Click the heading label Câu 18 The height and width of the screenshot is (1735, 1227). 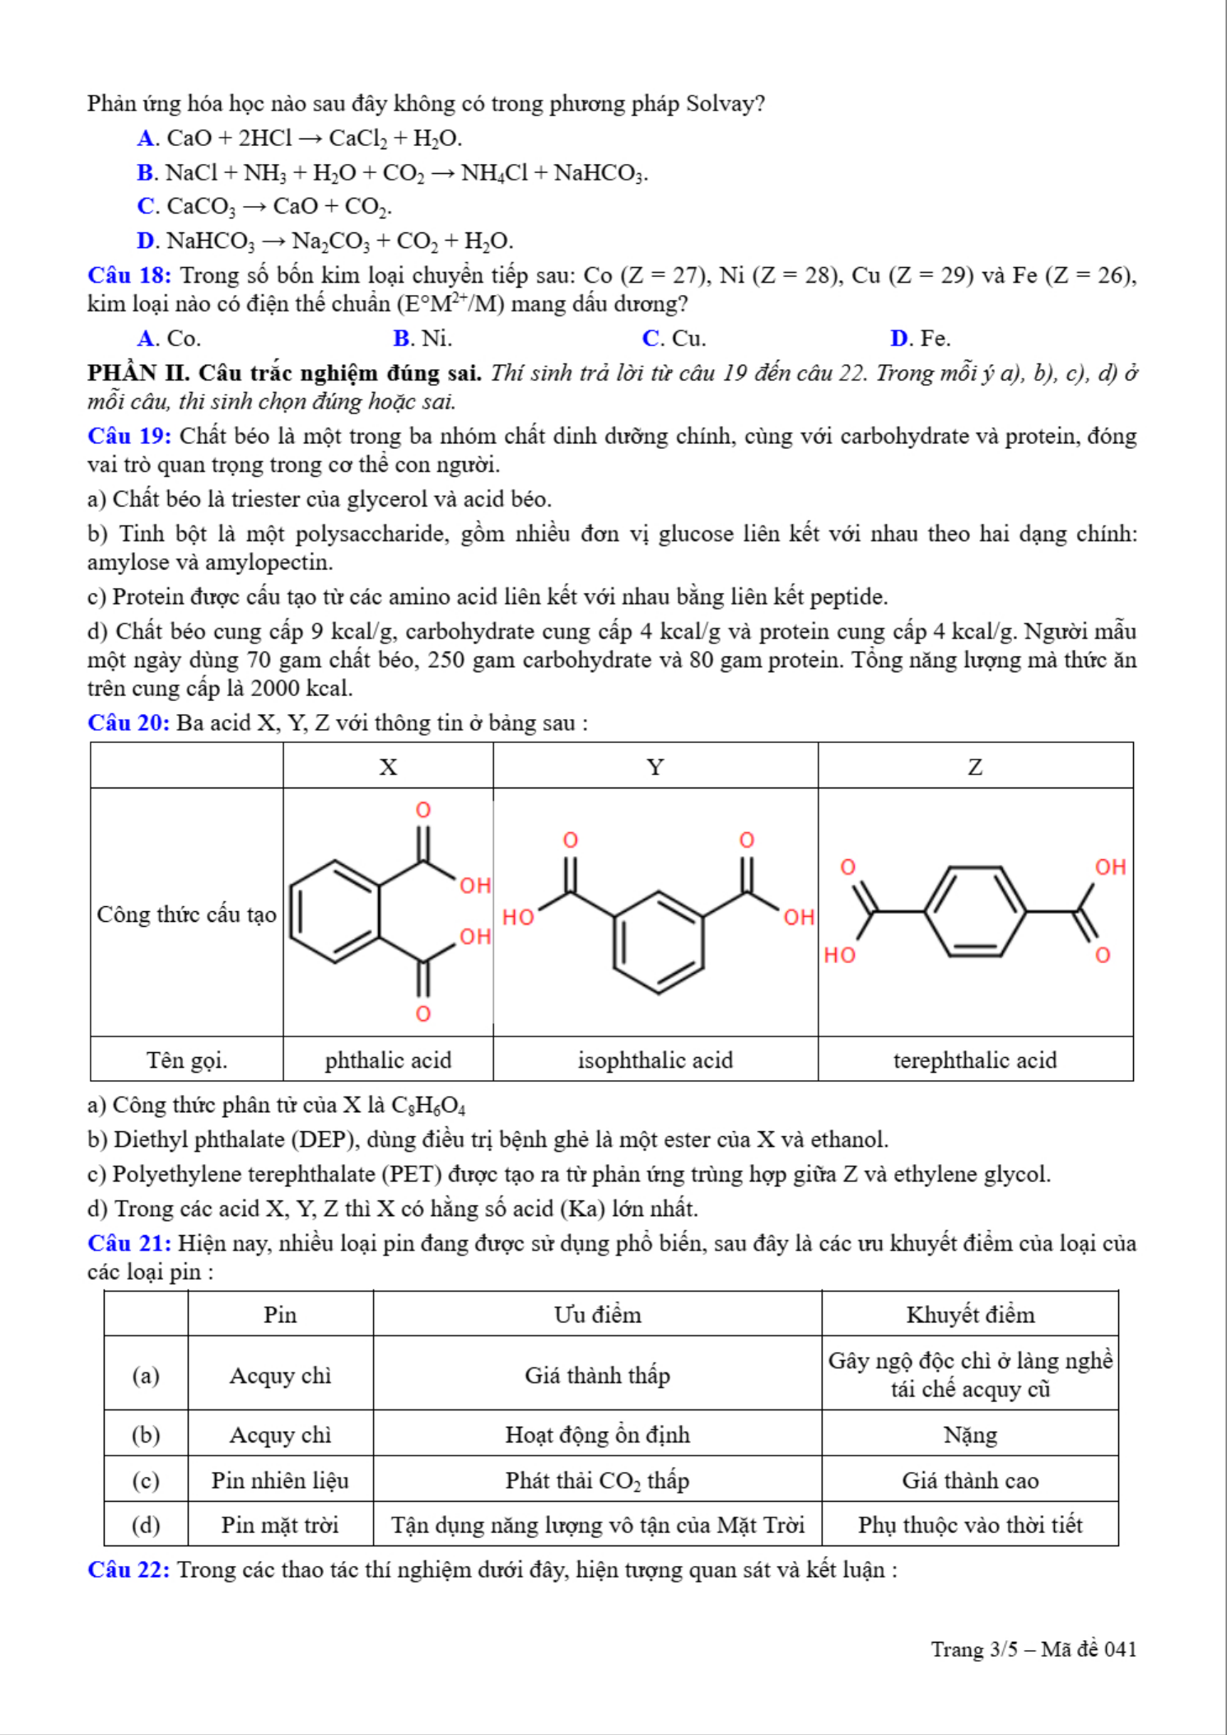tap(129, 275)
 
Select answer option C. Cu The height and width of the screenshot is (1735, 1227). tap(674, 339)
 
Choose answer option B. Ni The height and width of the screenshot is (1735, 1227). tap(422, 339)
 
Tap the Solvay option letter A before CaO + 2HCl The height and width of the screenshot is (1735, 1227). tap(147, 138)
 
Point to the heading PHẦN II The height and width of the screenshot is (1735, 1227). tap(138, 373)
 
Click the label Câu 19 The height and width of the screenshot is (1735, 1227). tap(129, 436)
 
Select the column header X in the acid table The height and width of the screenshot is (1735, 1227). tap(388, 767)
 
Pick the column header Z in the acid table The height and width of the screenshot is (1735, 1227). tap(975, 767)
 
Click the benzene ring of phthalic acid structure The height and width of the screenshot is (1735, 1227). tap(336, 911)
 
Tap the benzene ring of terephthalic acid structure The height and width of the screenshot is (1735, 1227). tap(975, 911)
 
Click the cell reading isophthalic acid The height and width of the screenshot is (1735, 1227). tap(655, 1060)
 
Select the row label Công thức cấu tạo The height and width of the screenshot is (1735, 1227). tap(186, 914)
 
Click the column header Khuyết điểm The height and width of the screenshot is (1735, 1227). tap(970, 1315)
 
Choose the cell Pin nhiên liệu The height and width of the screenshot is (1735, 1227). tap(280, 1480)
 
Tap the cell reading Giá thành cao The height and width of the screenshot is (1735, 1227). tap(970, 1480)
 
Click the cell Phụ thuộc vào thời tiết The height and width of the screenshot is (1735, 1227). tap(970, 1525)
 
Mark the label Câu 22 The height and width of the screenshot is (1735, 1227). tap(129, 1569)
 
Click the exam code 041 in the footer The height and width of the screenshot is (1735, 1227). tap(1120, 1649)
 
